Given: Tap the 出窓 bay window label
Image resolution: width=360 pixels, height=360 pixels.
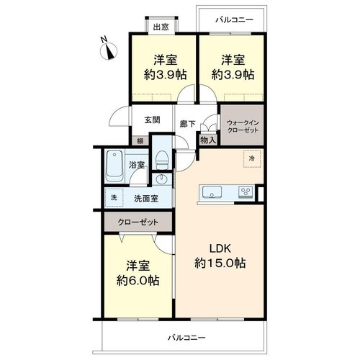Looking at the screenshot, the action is click(161, 27).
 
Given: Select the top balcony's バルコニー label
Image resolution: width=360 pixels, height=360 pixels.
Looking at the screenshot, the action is click(234, 19).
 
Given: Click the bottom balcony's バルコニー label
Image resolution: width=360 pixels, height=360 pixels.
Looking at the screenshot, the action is click(186, 338).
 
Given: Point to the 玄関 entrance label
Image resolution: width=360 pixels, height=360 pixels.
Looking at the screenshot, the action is click(153, 120).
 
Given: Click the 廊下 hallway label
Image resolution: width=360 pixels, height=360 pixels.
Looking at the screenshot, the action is click(188, 124).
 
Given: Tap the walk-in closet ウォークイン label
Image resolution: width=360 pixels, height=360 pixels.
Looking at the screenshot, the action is click(243, 123).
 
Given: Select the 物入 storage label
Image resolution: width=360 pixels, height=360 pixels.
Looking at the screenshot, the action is click(208, 140).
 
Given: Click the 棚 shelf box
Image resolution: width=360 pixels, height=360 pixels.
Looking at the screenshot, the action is click(140, 141).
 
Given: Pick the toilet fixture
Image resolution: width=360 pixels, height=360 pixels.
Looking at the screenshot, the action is click(162, 160).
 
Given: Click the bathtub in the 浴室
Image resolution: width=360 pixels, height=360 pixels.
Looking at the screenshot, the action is click(114, 166).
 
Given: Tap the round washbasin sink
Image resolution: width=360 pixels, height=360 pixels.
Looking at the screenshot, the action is click(161, 179).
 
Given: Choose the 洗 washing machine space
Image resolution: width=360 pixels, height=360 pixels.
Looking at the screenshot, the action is click(114, 197).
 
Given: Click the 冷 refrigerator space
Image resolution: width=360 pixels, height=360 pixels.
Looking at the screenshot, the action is click(252, 158).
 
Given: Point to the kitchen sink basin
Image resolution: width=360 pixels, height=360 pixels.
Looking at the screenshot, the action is click(212, 192).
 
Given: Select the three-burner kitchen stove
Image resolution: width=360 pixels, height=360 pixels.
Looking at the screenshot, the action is click(246, 192).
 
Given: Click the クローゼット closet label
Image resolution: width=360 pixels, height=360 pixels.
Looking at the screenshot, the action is click(138, 222).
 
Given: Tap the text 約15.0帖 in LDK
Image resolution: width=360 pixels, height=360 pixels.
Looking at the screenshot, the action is click(220, 264).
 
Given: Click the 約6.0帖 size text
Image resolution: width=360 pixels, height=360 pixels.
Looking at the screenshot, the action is click(138, 280).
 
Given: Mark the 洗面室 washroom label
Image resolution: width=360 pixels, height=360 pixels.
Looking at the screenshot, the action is click(146, 199).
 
